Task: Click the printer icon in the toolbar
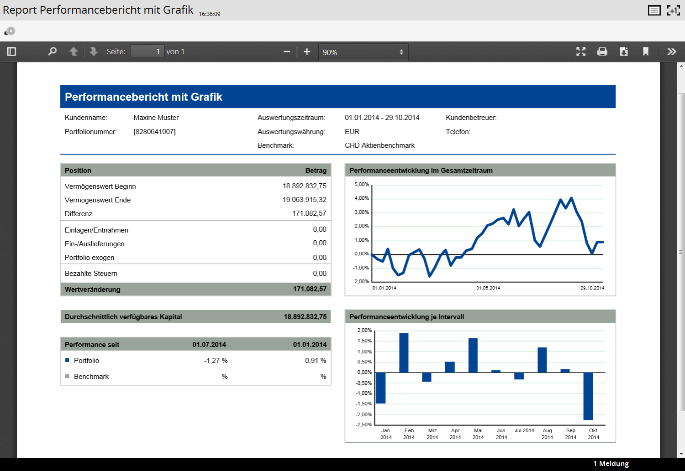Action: pos(602,52)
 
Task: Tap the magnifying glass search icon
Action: pos(53,51)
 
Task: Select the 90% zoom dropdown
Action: pos(364,52)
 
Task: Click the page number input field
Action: pos(148,51)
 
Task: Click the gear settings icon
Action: pos(10,31)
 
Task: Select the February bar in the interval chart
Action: pos(404,353)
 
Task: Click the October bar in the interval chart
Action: pos(588,396)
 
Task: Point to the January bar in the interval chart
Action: pos(380,388)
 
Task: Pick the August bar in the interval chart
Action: pos(542,360)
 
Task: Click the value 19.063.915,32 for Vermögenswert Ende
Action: pos(304,200)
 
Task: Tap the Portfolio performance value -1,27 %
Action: pos(216,361)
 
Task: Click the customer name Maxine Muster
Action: pos(156,118)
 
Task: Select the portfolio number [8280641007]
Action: pos(154,132)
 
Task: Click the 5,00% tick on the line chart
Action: pos(362,184)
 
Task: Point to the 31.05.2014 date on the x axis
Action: pos(488,288)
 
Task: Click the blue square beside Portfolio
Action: pos(67,360)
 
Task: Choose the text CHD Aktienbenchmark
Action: pos(379,145)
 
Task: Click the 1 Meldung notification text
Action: pos(611,463)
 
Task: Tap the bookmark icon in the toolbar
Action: pos(646,52)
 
